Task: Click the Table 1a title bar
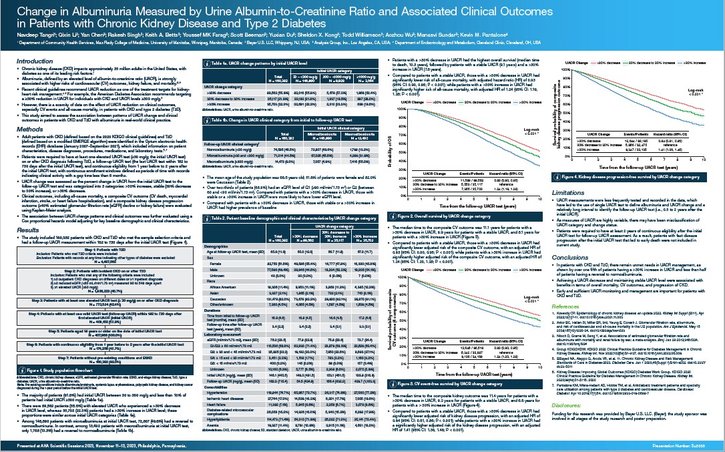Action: tap(267, 62)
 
